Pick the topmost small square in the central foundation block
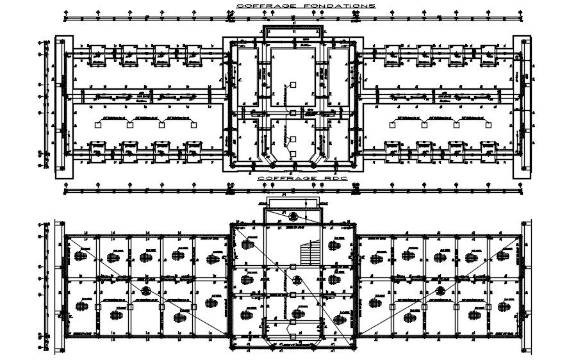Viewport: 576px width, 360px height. tap(292, 84)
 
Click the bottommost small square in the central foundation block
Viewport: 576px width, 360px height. tap(292, 154)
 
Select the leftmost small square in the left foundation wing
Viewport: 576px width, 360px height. tap(98, 126)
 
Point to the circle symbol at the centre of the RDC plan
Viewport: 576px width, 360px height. tap(297, 279)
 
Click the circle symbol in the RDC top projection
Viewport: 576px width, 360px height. tap(293, 216)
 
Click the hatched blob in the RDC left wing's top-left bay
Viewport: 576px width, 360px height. tap(81, 255)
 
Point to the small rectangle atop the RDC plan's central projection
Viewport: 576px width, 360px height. tap(292, 203)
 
